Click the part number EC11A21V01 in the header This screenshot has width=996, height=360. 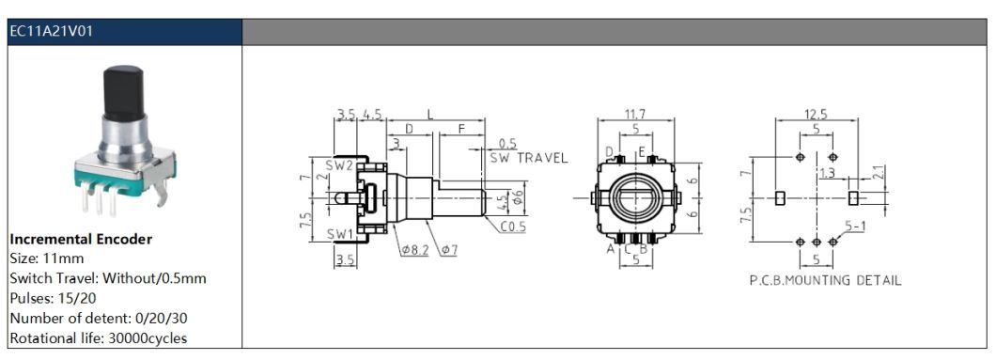[x=52, y=31]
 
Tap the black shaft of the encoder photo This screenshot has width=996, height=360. [x=124, y=93]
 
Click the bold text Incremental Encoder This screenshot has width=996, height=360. [x=81, y=240]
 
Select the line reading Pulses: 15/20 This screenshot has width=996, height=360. [x=54, y=298]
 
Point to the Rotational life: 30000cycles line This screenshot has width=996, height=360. [x=99, y=338]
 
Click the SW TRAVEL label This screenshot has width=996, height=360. [x=528, y=158]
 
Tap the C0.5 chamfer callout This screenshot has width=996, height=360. [x=513, y=227]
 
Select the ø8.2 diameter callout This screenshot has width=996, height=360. [x=414, y=249]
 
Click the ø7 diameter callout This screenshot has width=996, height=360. [x=450, y=249]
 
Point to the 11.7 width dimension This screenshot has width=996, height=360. [x=635, y=115]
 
